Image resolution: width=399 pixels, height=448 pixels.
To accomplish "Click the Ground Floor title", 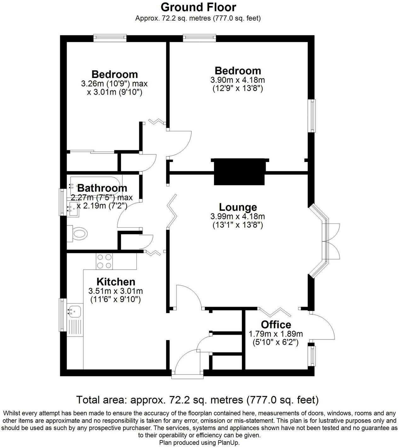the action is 198,7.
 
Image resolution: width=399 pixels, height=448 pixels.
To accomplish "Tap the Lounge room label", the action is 238,207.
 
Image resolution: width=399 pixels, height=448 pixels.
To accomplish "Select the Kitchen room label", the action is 116,282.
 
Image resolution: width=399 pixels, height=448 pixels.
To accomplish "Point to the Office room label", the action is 276,325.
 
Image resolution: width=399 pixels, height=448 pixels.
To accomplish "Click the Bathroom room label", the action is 102,188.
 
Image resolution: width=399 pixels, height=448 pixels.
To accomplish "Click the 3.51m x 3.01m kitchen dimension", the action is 116,291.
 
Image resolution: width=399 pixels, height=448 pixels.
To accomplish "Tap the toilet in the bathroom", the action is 77,234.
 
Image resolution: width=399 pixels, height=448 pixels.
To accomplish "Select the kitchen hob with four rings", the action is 104,261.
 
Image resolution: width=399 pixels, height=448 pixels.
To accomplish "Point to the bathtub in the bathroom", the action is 95,185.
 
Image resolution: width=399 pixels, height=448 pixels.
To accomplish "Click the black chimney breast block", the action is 240,172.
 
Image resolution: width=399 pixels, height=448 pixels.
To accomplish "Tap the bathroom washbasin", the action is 73,209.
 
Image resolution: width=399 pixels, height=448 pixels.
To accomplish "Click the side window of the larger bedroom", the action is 312,116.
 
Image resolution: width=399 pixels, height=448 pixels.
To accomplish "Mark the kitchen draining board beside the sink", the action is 75,328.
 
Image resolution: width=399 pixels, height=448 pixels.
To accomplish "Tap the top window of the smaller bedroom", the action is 110,38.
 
